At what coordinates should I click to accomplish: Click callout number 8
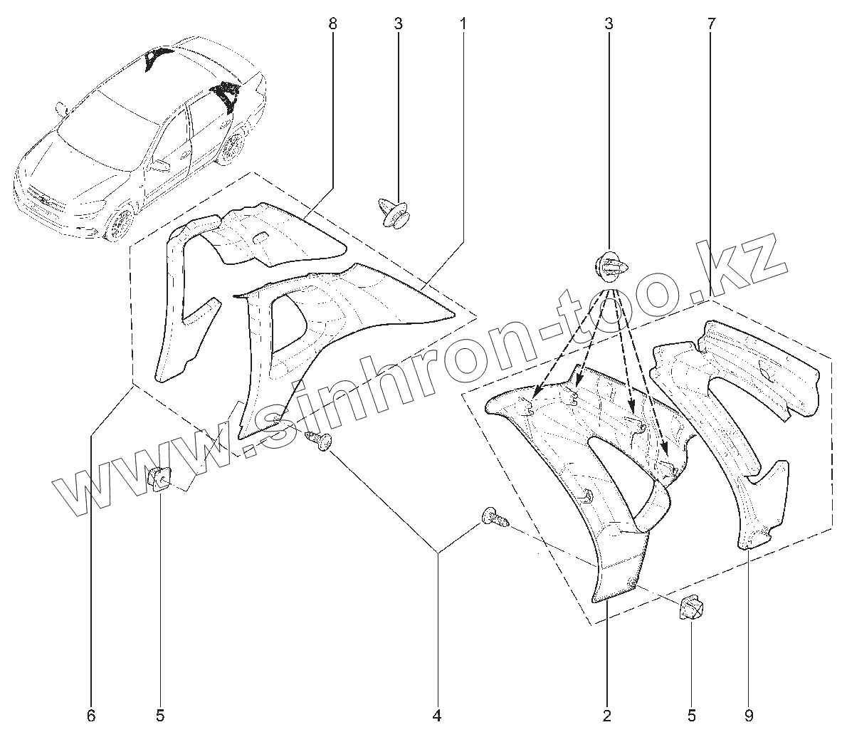point(332,23)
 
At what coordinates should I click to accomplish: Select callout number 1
point(463,23)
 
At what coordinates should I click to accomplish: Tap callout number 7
point(711,23)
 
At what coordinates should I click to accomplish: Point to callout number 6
point(90,715)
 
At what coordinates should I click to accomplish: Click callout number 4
point(437,715)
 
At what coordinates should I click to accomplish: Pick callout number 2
point(606,715)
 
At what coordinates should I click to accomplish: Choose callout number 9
point(749,715)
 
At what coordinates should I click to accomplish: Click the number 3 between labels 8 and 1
point(397,23)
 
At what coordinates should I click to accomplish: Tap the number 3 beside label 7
point(609,23)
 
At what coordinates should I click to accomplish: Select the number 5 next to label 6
point(160,715)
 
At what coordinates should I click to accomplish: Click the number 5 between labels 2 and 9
point(690,715)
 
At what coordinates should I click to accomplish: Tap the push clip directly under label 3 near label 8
point(394,212)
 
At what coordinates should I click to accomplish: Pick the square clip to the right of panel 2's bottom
point(691,609)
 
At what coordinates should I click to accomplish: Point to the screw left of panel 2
point(495,517)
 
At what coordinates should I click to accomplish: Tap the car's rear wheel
point(231,150)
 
